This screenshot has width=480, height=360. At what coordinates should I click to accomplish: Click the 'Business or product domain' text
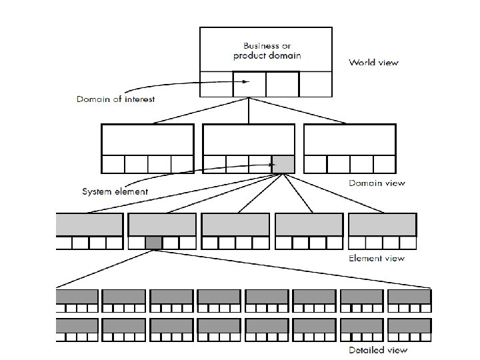267,51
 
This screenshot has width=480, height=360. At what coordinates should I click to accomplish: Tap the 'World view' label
374,63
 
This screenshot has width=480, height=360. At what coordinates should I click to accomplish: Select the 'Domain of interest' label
116,99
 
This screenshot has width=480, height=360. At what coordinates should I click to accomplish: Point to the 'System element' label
115,191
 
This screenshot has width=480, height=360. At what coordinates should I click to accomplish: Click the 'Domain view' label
377,183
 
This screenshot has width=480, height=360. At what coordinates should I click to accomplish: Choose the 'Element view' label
377,258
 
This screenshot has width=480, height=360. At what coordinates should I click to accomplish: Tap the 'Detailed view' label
379,349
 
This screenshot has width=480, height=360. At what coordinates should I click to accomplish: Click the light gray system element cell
283,164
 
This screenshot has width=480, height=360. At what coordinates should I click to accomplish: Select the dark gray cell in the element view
153,243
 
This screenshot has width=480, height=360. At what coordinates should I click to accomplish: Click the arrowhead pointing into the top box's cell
246,82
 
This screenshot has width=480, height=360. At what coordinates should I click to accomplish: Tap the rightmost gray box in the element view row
383,225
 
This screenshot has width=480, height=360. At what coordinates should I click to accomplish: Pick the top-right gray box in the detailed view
409,297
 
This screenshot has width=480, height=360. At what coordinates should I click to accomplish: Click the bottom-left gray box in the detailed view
77,326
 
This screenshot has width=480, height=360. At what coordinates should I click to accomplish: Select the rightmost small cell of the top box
315,84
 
